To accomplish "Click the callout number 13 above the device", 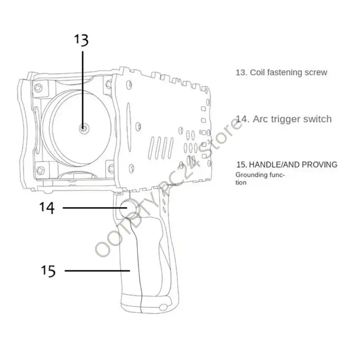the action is (x=81, y=40).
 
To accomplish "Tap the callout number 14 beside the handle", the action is (x=47, y=208).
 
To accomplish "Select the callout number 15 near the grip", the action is (x=48, y=271).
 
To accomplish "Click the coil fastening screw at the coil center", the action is (x=84, y=128).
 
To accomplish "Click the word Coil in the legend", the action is (x=257, y=72).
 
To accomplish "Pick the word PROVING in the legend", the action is (x=319, y=165).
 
